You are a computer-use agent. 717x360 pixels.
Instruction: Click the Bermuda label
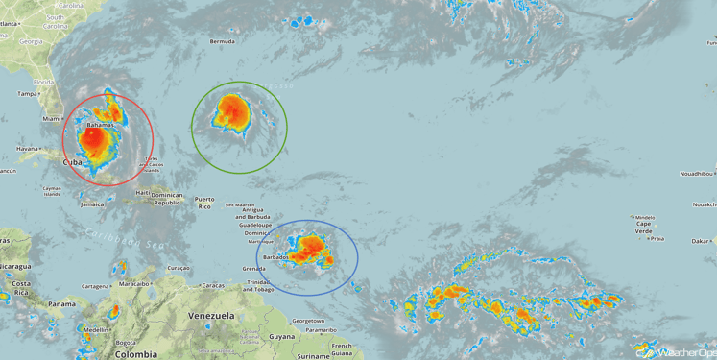click(223, 41)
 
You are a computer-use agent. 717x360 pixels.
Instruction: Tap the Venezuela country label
click(211, 316)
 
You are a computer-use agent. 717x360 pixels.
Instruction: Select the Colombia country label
click(135, 353)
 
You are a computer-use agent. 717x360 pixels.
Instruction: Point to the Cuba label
click(71, 163)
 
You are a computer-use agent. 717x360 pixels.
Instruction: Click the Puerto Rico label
click(204, 204)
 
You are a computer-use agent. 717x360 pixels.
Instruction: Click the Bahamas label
click(100, 125)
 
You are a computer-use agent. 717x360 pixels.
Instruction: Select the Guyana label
click(282, 337)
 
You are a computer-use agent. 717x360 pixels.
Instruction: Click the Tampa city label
click(26, 94)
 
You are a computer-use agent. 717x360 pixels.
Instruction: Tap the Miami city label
click(51, 119)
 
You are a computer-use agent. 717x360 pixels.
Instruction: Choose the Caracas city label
click(213, 285)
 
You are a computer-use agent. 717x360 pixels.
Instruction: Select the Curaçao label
click(178, 267)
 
